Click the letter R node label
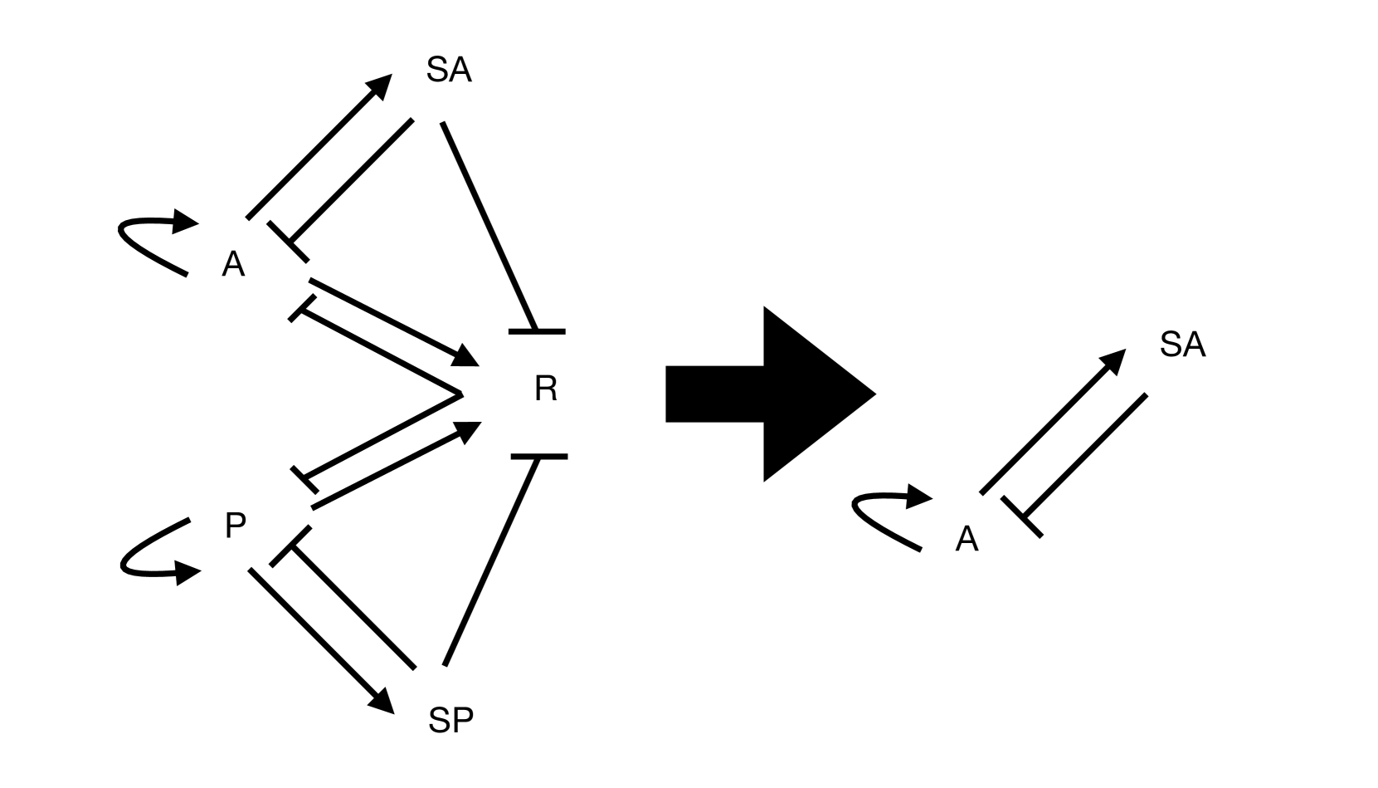(545, 389)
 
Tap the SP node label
(450, 720)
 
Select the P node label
(236, 526)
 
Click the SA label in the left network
(449, 70)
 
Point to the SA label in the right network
(1182, 345)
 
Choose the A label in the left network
(233, 265)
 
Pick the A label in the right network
(967, 540)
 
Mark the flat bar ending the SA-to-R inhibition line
(537, 331)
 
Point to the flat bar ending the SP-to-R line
(539, 457)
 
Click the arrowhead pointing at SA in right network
(1113, 362)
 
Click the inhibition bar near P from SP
(290, 546)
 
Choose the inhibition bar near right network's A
(1021, 516)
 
